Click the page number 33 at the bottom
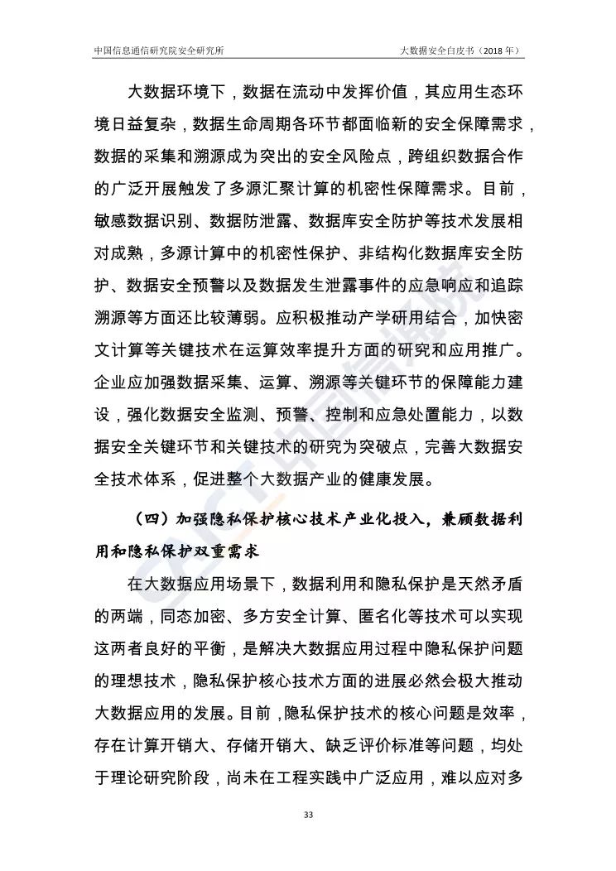click(x=308, y=816)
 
